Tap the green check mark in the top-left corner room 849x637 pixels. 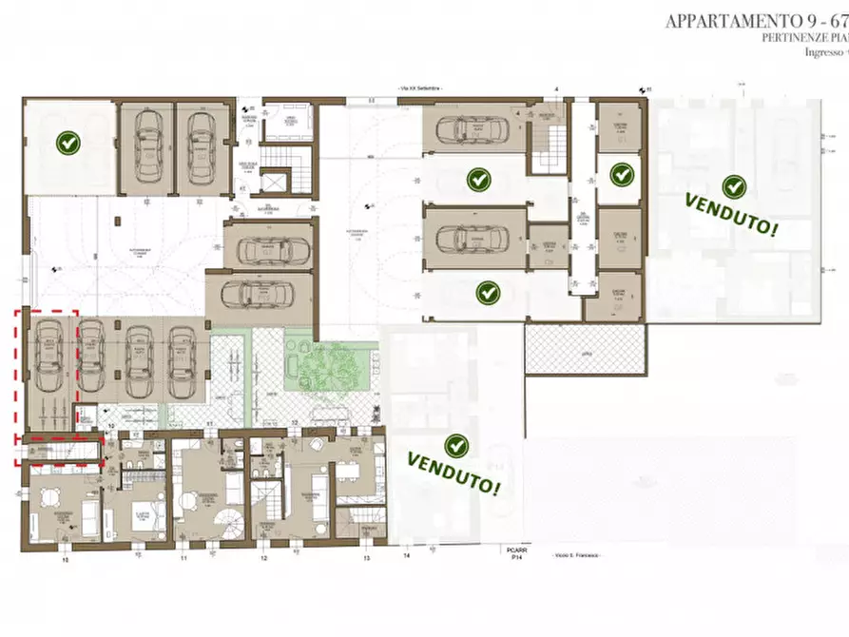pos(68,143)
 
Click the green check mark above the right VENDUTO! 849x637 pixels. pos(733,186)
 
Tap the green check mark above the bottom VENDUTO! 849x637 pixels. pos(456,445)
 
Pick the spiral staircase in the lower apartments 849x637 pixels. pos(232,519)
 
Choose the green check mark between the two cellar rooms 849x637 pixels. pos(621,174)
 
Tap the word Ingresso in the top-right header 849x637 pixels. pos(823,53)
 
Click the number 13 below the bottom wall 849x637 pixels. pos(366,559)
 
